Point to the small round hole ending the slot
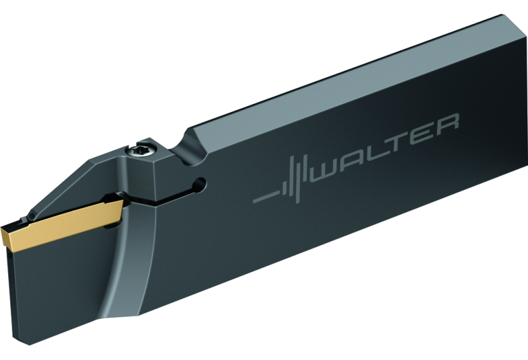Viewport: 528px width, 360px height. [x=200, y=184]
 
